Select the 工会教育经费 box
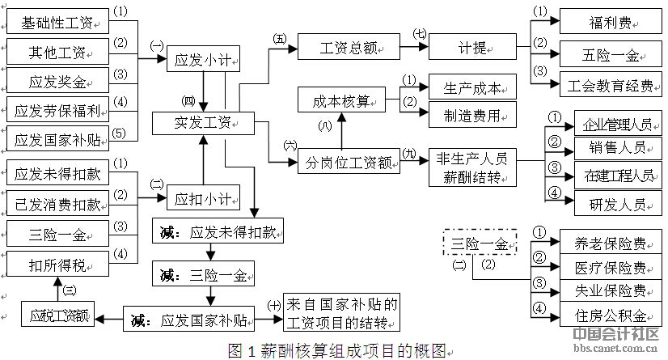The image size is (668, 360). pyautogui.click(x=609, y=83)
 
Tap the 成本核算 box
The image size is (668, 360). pyautogui.click(x=340, y=100)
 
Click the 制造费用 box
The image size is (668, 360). pyautogui.click(x=472, y=116)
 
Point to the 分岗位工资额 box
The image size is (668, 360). pyautogui.click(x=349, y=163)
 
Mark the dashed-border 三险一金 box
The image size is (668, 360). pyautogui.click(x=480, y=243)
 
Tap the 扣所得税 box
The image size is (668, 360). pyautogui.click(x=56, y=263)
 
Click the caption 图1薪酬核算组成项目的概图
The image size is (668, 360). pyautogui.click(x=336, y=350)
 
